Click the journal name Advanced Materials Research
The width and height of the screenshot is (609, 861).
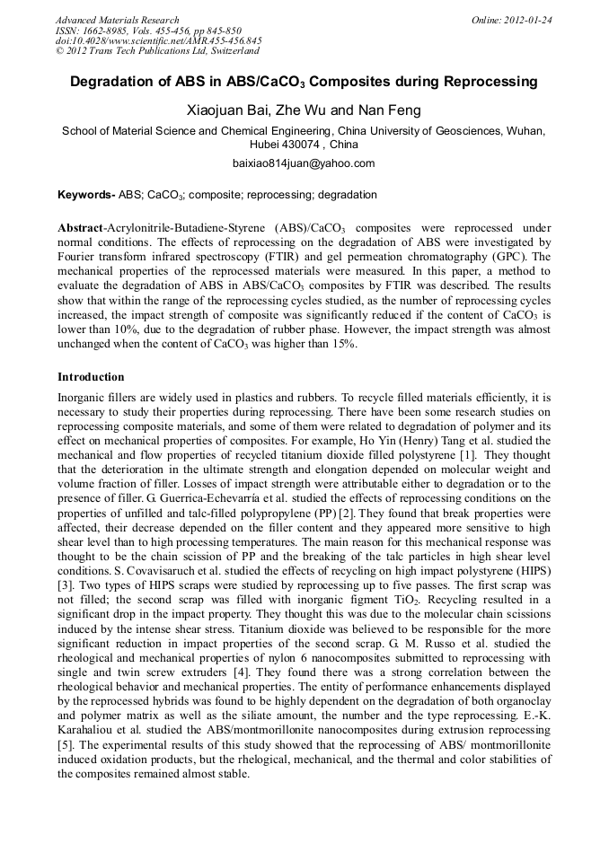point(117,20)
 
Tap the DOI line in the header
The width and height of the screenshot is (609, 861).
point(158,41)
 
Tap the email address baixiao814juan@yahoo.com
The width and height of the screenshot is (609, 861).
point(304,163)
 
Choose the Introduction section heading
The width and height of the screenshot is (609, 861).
point(91,377)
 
